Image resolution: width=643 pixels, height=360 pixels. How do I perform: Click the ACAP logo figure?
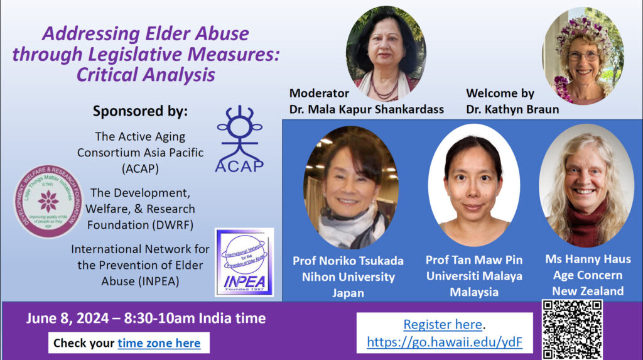[239, 138]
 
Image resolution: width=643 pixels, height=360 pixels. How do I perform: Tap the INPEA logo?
[244, 262]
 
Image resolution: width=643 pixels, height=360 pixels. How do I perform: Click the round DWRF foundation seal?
[48, 201]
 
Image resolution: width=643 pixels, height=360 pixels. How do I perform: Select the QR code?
[571, 329]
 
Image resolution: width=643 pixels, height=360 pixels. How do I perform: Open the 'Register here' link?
[443, 325]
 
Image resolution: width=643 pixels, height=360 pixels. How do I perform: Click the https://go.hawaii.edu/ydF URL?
[445, 342]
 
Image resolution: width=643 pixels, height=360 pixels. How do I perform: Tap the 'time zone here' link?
[159, 343]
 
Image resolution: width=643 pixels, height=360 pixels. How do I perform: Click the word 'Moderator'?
[319, 93]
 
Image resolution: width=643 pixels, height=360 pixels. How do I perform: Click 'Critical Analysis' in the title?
[146, 75]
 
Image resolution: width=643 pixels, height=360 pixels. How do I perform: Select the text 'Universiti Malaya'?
[473, 276]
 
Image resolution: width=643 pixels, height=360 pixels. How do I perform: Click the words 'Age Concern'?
[588, 275]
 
